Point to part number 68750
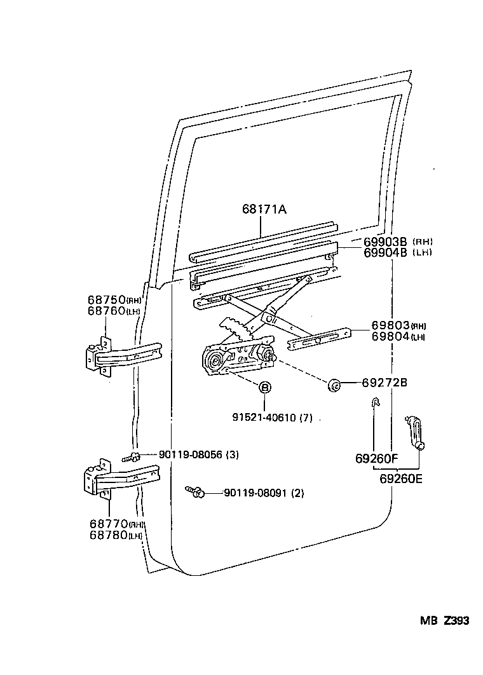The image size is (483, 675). [106, 300]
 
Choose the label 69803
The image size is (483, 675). [390, 326]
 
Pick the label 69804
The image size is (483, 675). [390, 336]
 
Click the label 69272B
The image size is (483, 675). [384, 383]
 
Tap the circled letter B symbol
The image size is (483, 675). [264, 387]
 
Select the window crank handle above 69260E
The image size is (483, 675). [414, 433]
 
